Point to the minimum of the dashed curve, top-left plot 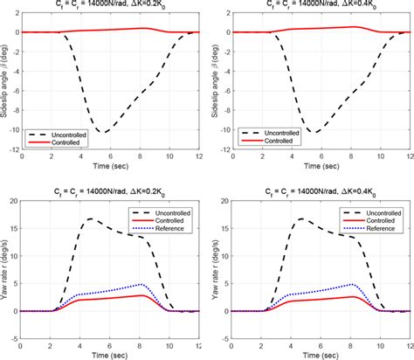tap(103, 132)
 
